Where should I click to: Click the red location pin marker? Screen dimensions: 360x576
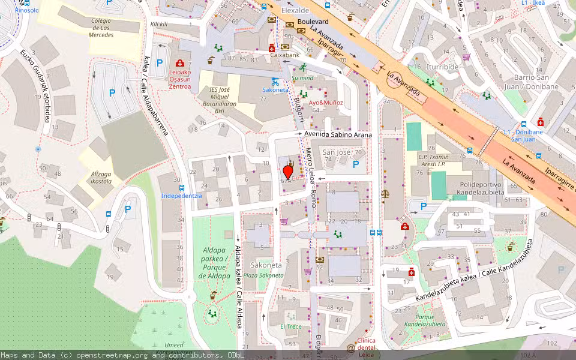pyautogui.click(x=287, y=172)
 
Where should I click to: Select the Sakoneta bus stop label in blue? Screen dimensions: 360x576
pyautogui.click(x=275, y=90)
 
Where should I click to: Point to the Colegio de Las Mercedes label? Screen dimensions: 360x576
pyautogui.click(x=101, y=28)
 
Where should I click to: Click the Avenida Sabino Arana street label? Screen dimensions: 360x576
pyautogui.click(x=338, y=135)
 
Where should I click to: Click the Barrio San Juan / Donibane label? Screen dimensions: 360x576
pyautogui.click(x=536, y=82)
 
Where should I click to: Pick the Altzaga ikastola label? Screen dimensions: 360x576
pyautogui.click(x=101, y=176)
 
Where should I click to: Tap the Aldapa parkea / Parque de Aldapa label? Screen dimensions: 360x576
pyautogui.click(x=214, y=267)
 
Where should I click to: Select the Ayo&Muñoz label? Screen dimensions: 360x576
pyautogui.click(x=326, y=103)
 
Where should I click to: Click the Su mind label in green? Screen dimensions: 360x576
pyautogui.click(x=302, y=78)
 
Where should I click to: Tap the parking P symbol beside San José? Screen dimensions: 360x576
pyautogui.click(x=356, y=164)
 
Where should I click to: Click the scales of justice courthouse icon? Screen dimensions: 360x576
pyautogui.click(x=384, y=194)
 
